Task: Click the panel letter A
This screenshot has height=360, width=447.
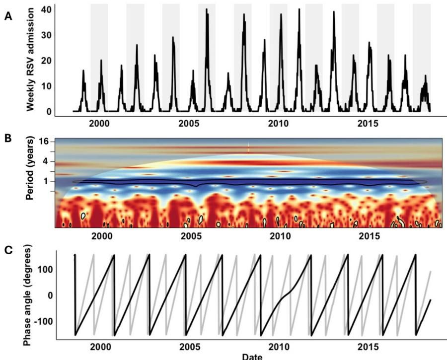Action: pos(7,16)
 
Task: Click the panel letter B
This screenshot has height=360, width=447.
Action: pos(7,138)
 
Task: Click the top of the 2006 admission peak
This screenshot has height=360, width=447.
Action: pos(207,9)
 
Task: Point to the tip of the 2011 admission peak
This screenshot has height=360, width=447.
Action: pos(299,9)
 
